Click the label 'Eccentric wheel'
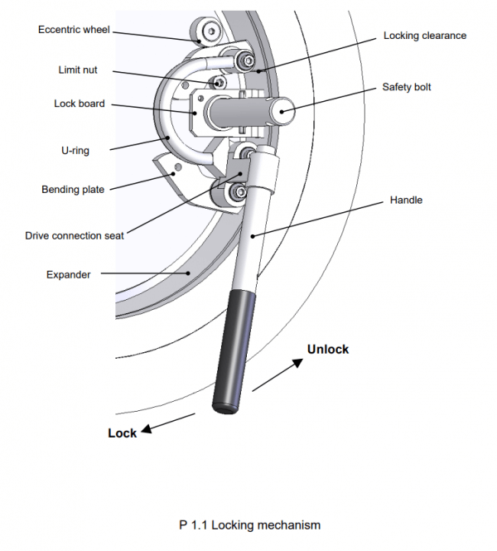74,30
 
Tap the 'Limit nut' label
78,70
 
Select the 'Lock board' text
80,104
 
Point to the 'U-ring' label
75,151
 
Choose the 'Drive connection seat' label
75,236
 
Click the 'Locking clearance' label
425,36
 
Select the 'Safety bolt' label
407,87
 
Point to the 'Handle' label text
405,200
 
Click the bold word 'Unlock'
328,350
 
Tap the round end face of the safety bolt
283,109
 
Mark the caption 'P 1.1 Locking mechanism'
249,524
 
